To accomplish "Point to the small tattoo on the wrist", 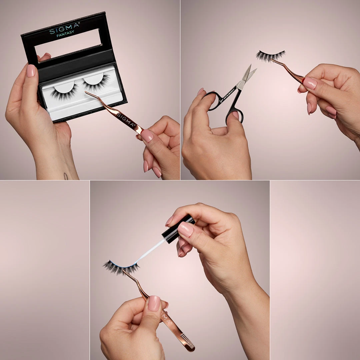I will tap(66, 176).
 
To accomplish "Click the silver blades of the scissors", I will tap(247, 76).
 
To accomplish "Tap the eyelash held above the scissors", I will tap(270, 56).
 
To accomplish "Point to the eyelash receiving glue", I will tap(120, 267).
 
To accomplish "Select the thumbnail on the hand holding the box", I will tap(31, 71).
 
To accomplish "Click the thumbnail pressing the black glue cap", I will tap(185, 229).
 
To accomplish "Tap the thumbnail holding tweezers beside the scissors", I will tap(310, 83).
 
